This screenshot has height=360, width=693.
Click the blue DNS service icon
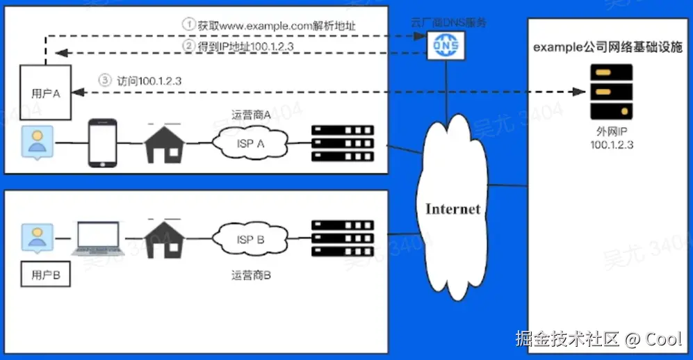tap(443, 45)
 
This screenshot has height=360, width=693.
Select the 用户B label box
tap(47, 275)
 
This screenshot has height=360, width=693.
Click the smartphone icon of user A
tap(102, 142)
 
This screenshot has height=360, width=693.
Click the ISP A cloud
tap(250, 143)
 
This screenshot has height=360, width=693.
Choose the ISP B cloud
tap(250, 240)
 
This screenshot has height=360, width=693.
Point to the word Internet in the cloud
tap(453, 208)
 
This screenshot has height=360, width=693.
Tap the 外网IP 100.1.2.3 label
tap(610, 138)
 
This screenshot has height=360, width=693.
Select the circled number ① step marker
tap(188, 24)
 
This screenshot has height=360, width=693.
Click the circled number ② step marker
tap(188, 46)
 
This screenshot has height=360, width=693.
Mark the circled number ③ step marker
tap(105, 80)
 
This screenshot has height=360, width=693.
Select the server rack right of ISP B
tap(343, 238)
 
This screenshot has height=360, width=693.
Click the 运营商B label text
tap(251, 275)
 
